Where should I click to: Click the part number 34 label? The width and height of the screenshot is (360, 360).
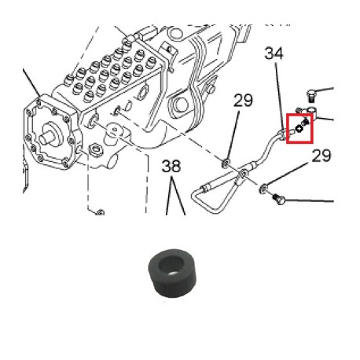click(x=274, y=53)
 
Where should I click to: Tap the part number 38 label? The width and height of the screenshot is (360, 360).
click(x=171, y=166)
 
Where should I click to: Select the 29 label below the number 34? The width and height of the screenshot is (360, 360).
click(x=243, y=101)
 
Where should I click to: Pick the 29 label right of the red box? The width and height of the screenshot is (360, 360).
click(x=321, y=156)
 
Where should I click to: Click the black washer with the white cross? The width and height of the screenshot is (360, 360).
click(x=299, y=129)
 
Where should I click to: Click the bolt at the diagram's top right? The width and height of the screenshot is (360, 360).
click(x=311, y=96)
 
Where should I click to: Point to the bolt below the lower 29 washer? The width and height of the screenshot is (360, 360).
click(x=278, y=199)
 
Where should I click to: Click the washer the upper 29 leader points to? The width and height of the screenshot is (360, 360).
click(x=226, y=163)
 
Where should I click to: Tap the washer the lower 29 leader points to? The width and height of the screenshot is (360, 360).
click(x=263, y=188)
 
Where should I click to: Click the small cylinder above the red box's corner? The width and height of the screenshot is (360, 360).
click(x=313, y=111)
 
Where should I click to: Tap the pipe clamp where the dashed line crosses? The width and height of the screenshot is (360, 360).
click(x=242, y=174)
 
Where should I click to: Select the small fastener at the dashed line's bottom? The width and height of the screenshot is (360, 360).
click(x=100, y=212)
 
